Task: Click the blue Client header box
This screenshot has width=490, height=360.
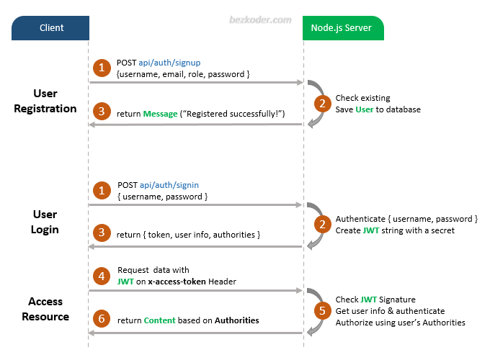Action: [x=50, y=28]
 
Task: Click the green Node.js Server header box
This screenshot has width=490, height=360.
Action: [x=343, y=28]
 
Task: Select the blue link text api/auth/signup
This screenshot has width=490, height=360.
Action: [x=169, y=63]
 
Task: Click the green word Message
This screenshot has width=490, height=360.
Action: [x=160, y=114]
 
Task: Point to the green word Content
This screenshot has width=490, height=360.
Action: [x=159, y=320]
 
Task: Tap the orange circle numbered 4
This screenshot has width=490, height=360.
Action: [x=102, y=275]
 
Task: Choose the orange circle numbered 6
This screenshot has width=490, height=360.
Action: [x=102, y=320]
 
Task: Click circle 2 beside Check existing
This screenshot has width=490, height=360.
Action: [x=321, y=103]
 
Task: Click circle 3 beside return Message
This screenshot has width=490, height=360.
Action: [x=102, y=112]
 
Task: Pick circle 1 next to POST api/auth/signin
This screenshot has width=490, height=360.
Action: [x=102, y=190]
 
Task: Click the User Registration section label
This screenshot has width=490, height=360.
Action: [x=45, y=102]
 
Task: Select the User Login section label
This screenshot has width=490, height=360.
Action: [x=45, y=222]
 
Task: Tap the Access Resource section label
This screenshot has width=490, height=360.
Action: [x=45, y=309]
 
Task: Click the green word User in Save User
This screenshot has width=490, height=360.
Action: [x=365, y=109]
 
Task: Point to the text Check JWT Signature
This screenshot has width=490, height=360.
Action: [x=375, y=300]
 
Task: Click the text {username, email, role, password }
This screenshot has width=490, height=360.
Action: [x=183, y=74]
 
